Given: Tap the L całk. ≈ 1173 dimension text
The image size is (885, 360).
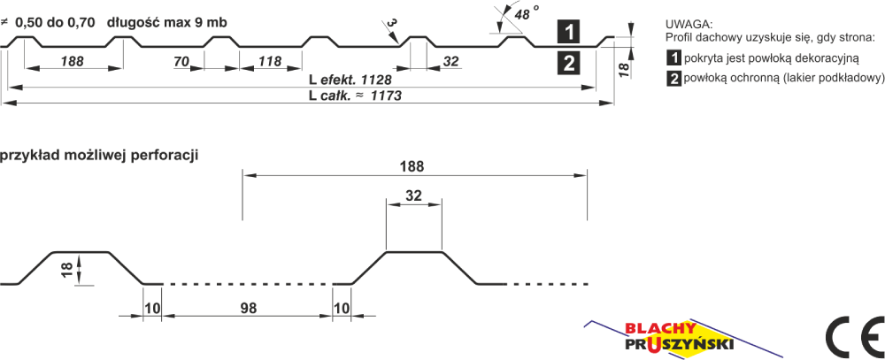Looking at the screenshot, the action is coord(355,96).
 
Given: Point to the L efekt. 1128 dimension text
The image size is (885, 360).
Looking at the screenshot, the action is coord(350,79).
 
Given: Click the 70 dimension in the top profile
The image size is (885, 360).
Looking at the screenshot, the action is coord(181,62).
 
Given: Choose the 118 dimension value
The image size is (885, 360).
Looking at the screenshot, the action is coord(270,62).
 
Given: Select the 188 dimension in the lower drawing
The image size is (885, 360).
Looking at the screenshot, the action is coord(414,167).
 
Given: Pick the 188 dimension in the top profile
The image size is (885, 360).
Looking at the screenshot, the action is coord(73,62).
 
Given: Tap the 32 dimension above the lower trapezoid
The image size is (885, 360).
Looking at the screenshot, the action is coord(414,195).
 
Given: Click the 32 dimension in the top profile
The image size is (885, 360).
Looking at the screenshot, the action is coord(450,62).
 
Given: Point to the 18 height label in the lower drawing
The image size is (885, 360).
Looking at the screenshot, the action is coord(67,269).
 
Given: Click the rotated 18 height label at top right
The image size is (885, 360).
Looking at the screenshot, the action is coord(623,70).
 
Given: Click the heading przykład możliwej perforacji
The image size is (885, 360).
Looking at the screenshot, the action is coord(98,156).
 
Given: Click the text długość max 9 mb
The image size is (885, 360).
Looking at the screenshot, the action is coord(166,23).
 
